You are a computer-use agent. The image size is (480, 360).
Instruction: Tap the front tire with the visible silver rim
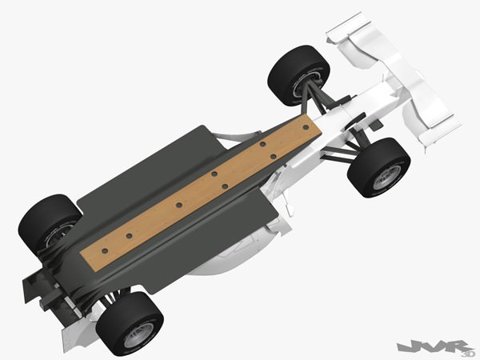[x=379, y=167]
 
